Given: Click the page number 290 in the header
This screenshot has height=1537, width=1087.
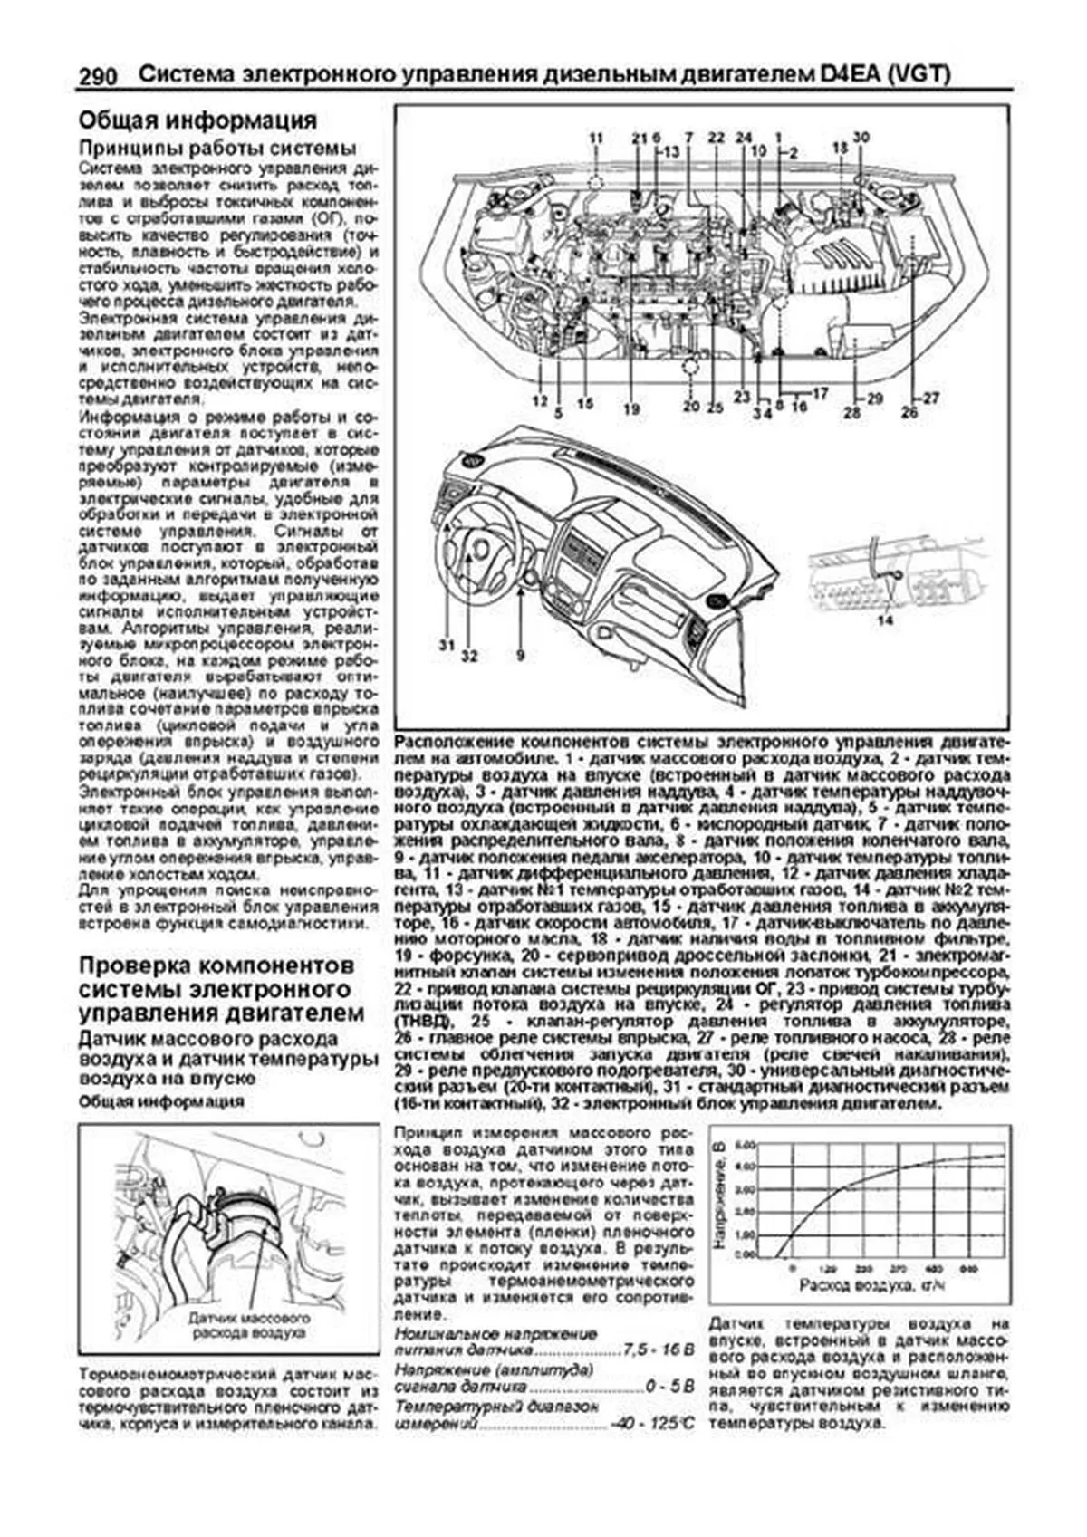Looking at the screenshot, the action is coord(98,77).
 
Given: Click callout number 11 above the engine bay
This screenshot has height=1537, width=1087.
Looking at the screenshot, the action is coord(595,139).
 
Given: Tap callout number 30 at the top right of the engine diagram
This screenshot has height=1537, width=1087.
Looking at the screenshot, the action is coord(861,137).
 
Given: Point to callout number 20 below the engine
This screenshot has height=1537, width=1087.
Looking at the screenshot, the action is coord(691,407).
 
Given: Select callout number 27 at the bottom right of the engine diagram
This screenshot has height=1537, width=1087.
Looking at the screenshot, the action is coord(932,398).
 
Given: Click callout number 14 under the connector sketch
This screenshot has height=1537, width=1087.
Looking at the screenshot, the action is coord(885,620).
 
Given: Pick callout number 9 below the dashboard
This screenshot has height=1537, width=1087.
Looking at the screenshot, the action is coord(520,654).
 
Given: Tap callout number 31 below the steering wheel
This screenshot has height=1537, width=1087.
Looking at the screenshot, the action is coord(446,645).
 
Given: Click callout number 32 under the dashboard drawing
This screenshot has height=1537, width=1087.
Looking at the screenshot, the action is coord(468,655).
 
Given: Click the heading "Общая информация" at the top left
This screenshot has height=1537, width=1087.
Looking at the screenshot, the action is coord(197,120).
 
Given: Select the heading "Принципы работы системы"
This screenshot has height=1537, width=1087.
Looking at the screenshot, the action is coord(217,149).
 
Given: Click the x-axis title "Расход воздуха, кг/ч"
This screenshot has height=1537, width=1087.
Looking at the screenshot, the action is coord(872,1285).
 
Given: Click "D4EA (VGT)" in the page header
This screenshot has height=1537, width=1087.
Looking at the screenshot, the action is coord(886,75).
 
